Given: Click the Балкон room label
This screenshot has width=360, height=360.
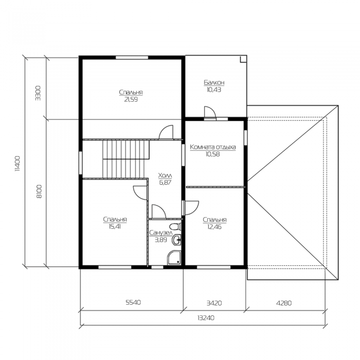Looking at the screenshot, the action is tap(214, 82).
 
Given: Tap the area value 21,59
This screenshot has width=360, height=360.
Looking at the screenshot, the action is tap(131, 100).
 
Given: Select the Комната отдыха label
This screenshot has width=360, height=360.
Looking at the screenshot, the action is tap(213, 147).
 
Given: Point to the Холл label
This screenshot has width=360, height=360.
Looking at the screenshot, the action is tap(165, 176).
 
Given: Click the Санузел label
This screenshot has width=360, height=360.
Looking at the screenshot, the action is tap(160, 233).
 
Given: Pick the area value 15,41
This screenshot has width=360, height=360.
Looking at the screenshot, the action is tap(115, 227).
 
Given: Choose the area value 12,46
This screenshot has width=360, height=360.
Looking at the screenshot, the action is tap(214, 227).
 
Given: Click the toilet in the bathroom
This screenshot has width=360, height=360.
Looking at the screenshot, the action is tap(176, 227).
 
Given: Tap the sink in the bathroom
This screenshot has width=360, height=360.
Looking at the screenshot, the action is tap(177, 240).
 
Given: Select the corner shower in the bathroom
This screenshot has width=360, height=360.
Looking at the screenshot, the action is tap(174, 258).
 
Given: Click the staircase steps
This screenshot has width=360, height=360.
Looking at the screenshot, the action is tap(126, 159).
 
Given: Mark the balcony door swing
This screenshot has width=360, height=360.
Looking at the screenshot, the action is tap(210, 112).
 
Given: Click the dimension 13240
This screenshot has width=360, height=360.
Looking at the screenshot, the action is tap(206, 318).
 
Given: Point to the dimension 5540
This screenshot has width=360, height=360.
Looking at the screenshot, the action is tap(133, 302).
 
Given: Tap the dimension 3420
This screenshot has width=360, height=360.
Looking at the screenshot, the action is tap(214, 303).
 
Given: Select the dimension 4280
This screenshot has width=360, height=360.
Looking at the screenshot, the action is tap(284, 303).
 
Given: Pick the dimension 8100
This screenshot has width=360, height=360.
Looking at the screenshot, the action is tap(39, 191).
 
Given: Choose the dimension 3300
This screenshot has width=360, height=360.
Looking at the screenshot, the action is tap(38, 93).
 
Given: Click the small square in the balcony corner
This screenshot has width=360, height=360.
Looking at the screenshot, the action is tap(243, 59).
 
